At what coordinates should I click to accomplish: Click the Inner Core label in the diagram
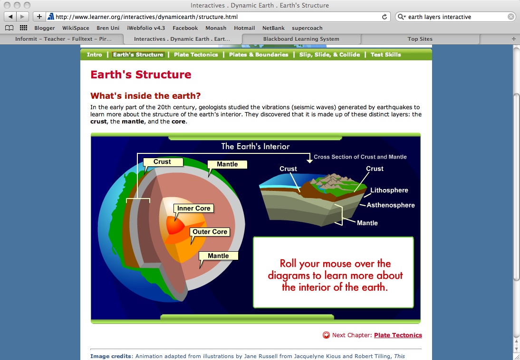click(193, 208)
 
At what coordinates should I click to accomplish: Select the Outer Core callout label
click(210, 232)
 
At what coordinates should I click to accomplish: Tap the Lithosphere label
click(389, 190)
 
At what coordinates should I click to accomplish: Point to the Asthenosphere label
click(391, 205)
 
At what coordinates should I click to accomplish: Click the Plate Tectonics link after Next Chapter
click(398, 335)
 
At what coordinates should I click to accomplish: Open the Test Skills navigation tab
click(385, 55)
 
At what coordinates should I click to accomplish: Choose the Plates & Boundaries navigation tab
click(259, 55)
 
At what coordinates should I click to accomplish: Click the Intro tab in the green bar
click(94, 55)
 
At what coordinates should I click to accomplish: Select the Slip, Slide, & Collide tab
click(330, 55)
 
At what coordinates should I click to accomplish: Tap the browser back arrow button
click(10, 17)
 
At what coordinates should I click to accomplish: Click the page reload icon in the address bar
click(385, 17)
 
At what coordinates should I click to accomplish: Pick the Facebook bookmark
click(185, 28)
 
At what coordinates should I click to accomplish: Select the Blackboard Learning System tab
click(301, 39)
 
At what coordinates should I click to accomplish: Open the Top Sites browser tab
click(420, 39)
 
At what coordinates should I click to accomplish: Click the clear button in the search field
click(511, 17)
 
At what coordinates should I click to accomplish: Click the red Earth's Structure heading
click(141, 75)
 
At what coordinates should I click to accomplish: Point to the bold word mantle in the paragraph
click(133, 122)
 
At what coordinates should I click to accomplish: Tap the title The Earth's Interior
click(255, 146)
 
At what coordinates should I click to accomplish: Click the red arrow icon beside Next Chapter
click(327, 335)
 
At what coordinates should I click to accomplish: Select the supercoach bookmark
click(307, 28)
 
